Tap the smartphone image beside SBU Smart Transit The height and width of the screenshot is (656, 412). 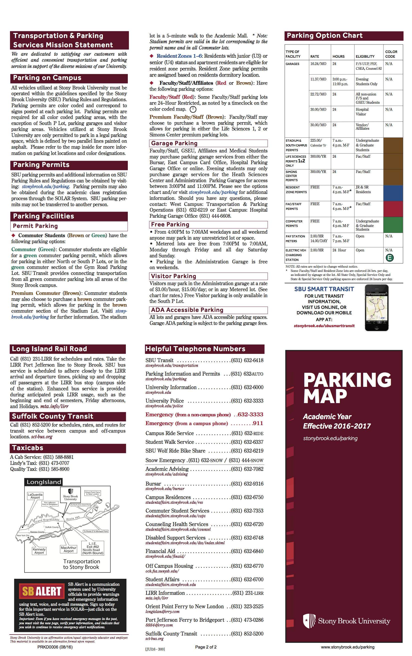pos(376,308)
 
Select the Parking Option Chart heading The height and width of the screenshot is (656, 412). pos(324,35)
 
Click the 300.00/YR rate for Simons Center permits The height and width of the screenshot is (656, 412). pos(318,172)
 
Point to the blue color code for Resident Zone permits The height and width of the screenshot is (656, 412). pos(393,193)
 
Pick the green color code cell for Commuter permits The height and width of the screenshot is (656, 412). pos(393,224)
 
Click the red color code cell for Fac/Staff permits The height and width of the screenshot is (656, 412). pos(393,209)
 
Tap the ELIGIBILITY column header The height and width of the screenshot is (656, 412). pos(365,56)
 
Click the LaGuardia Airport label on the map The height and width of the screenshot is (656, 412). pos(35,496)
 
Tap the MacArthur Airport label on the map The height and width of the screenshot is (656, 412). pos(69,549)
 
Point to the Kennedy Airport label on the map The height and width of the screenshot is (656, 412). pos(39,551)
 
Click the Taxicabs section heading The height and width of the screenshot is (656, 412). pos(28,448)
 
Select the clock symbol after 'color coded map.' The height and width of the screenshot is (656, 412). pos(193,109)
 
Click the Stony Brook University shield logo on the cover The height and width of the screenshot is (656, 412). pos(309,621)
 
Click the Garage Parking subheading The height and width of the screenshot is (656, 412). pos(174,143)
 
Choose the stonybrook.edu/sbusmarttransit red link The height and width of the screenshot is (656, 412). pos(324,326)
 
